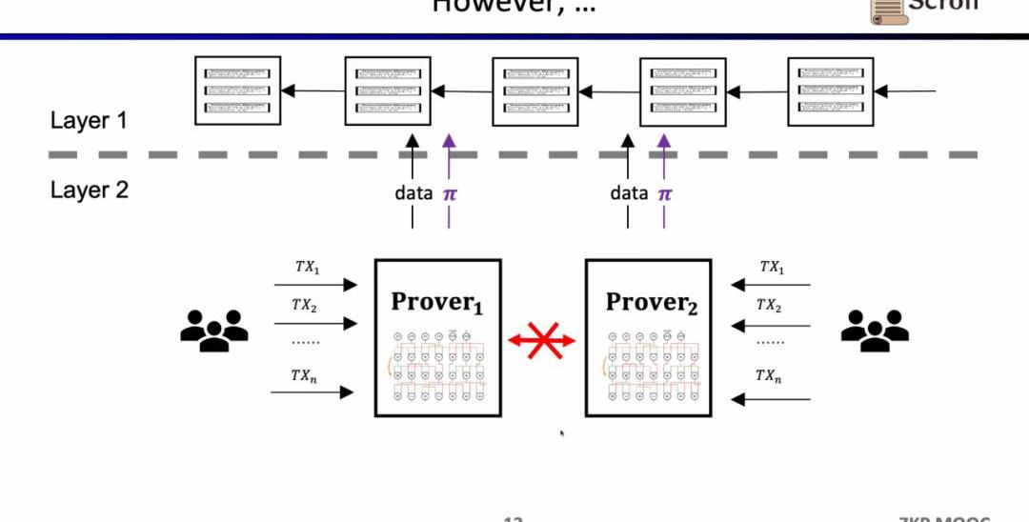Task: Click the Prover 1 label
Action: point(437,302)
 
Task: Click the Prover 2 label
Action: point(652,302)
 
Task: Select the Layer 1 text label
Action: point(89,121)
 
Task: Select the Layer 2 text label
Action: point(89,190)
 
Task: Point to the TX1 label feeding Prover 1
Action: point(307,268)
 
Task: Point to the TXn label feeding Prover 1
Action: point(305,375)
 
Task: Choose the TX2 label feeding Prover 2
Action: point(769,306)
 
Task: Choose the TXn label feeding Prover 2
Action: point(769,375)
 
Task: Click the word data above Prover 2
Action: point(629,193)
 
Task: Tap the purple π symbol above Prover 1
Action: point(450,193)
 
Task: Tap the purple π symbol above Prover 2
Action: point(665,193)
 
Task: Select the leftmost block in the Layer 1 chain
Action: point(238,90)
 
